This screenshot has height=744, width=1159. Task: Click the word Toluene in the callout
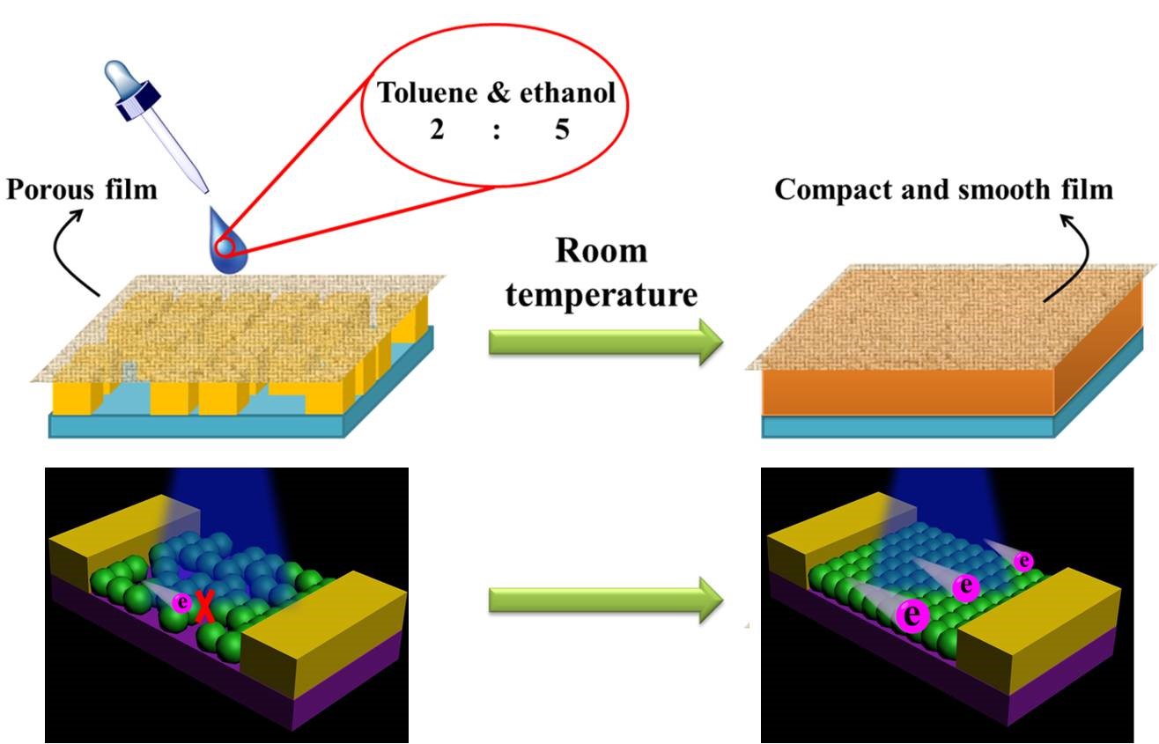point(427,92)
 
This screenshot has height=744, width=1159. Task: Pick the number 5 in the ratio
point(562,130)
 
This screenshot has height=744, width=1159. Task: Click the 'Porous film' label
point(82,188)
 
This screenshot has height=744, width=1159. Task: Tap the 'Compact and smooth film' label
point(943,188)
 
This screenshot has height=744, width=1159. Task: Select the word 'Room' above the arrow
point(601,251)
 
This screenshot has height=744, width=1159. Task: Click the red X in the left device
point(204,607)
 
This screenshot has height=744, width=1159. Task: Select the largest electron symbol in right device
point(911,615)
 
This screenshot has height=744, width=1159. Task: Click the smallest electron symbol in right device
point(1023,560)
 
